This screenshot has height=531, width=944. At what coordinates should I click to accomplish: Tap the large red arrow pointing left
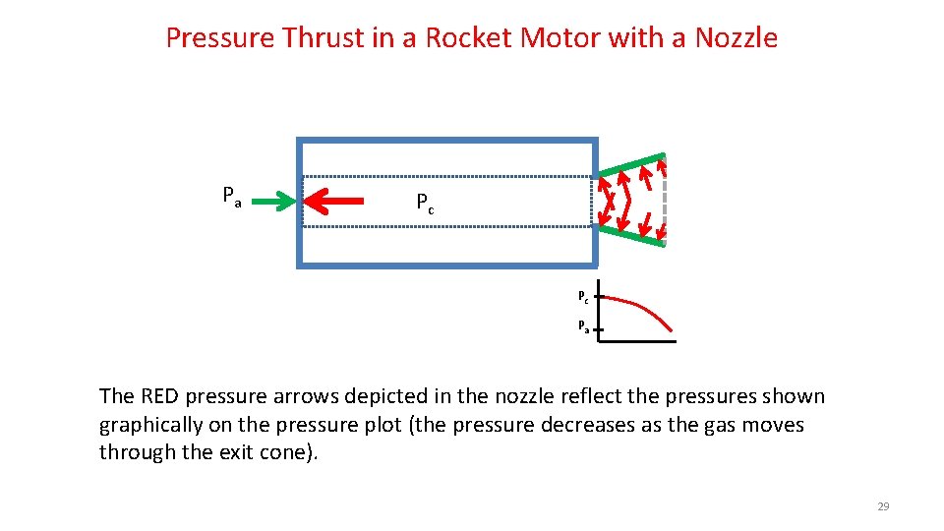(x=333, y=203)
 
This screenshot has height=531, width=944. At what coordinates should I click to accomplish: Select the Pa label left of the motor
(x=231, y=196)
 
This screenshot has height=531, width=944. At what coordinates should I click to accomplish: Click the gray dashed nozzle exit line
(x=665, y=202)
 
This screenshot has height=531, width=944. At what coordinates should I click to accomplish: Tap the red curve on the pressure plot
(x=645, y=307)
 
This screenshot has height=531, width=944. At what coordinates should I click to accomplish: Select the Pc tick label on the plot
(x=583, y=296)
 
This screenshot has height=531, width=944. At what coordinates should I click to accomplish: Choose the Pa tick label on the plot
(x=583, y=325)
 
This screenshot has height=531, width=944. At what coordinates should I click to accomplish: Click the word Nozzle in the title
(x=736, y=37)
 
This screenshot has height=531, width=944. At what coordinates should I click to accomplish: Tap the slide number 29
(x=882, y=506)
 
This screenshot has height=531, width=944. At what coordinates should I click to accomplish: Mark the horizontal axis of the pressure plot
(x=637, y=341)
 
